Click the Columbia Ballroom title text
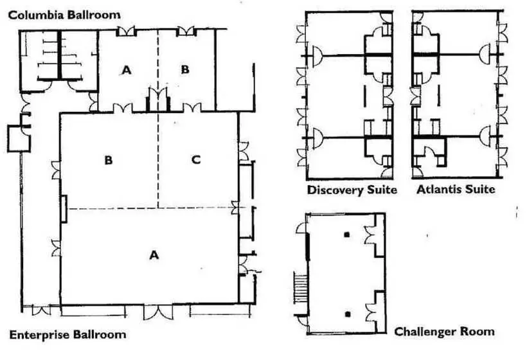(x=64, y=15)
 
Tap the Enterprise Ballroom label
(x=68, y=335)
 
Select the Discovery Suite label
(x=352, y=190)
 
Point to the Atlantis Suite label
(x=456, y=189)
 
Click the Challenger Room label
(x=444, y=332)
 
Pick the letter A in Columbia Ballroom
(x=127, y=70)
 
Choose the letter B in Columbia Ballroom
(x=185, y=69)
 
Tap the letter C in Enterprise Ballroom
(x=196, y=159)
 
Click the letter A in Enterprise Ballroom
(x=154, y=255)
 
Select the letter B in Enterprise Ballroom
(x=108, y=160)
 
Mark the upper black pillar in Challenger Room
(x=347, y=235)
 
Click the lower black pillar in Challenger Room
(x=348, y=314)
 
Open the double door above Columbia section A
(x=127, y=32)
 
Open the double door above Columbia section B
(x=186, y=32)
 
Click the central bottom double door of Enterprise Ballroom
(x=158, y=312)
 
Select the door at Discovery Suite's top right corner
(x=386, y=17)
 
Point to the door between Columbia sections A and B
(x=158, y=99)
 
